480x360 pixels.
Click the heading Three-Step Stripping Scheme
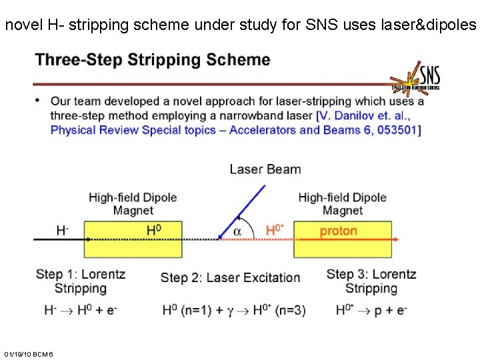[x=153, y=60]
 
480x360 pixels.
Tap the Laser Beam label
[x=265, y=169]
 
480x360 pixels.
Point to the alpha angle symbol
[x=237, y=231]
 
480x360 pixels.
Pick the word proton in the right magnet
[x=338, y=231]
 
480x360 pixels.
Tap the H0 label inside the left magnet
[x=154, y=230]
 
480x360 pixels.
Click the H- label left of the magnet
[x=62, y=230]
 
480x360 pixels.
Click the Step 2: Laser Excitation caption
[x=230, y=277]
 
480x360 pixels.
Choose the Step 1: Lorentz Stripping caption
[x=80, y=281]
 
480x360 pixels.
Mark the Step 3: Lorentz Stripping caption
[x=371, y=281]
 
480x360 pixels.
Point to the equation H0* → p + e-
[x=371, y=310]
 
